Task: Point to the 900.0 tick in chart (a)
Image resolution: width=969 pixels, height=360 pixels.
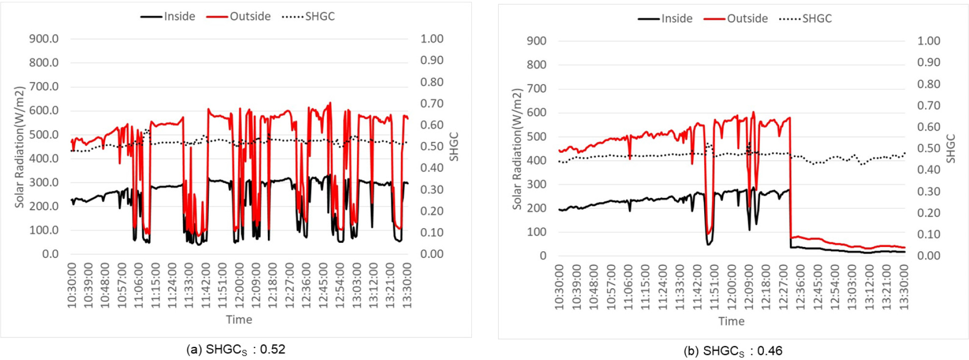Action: [44, 39]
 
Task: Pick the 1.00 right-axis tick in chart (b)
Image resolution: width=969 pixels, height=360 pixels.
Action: [929, 41]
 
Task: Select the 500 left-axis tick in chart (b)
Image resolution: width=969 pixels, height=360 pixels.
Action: [536, 137]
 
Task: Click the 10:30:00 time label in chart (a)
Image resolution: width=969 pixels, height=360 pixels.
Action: [72, 286]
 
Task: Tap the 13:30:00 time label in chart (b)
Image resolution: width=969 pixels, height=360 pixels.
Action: [904, 287]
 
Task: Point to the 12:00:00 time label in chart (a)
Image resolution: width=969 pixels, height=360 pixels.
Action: [239, 286]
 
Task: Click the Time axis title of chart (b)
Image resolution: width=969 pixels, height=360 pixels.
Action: [731, 321]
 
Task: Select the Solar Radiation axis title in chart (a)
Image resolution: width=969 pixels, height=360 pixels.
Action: [19, 147]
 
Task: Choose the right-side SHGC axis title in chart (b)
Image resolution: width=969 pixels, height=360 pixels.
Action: [951, 149]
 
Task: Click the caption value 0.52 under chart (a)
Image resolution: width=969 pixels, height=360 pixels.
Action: [273, 350]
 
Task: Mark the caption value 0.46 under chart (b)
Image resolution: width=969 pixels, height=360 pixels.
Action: [770, 351]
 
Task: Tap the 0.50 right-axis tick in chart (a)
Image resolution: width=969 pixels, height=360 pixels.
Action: [432, 147]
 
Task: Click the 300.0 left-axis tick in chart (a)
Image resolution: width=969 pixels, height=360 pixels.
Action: [44, 183]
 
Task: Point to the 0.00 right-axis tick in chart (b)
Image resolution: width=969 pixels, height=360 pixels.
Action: [929, 256]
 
